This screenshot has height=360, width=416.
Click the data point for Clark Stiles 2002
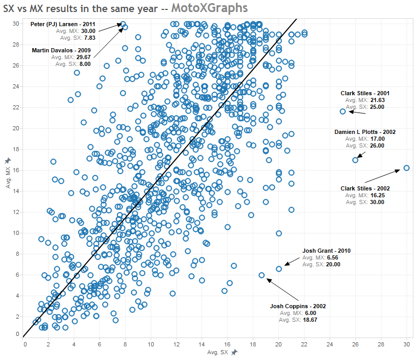click(x=407, y=168)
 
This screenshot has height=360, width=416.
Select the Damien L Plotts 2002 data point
click(x=355, y=160)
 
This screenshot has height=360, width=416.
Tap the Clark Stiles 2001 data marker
click(x=343, y=111)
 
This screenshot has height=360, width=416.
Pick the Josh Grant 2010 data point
click(x=279, y=269)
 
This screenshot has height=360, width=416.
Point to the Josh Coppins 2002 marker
click(x=262, y=275)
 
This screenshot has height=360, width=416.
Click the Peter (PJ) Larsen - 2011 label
click(x=63, y=24)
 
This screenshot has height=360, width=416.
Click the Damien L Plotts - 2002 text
click(x=365, y=132)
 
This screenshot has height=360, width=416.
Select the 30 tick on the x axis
click(x=407, y=344)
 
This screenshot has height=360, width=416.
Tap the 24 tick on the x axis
click(x=330, y=344)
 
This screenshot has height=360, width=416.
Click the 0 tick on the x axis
click(x=25, y=344)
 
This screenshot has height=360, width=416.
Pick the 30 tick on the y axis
click(x=16, y=24)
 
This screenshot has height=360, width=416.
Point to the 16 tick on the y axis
click(x=16, y=170)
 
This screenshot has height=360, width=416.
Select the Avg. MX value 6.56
click(x=333, y=258)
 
